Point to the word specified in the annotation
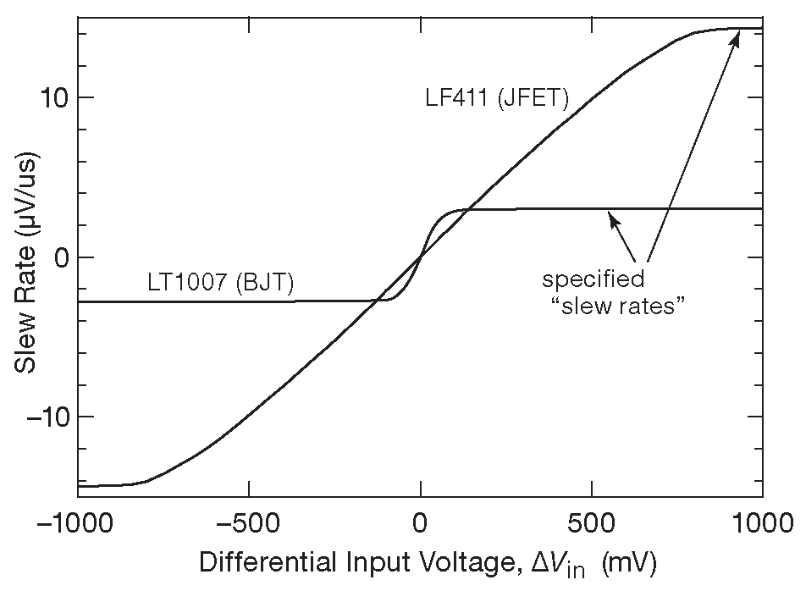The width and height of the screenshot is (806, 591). coord(593,279)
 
